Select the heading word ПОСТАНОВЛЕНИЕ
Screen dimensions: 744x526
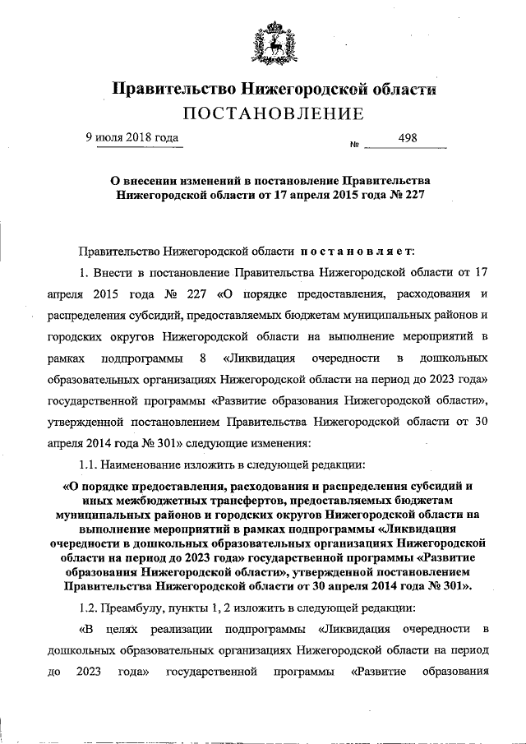tap(272, 113)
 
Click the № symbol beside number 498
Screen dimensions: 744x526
tap(355, 146)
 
